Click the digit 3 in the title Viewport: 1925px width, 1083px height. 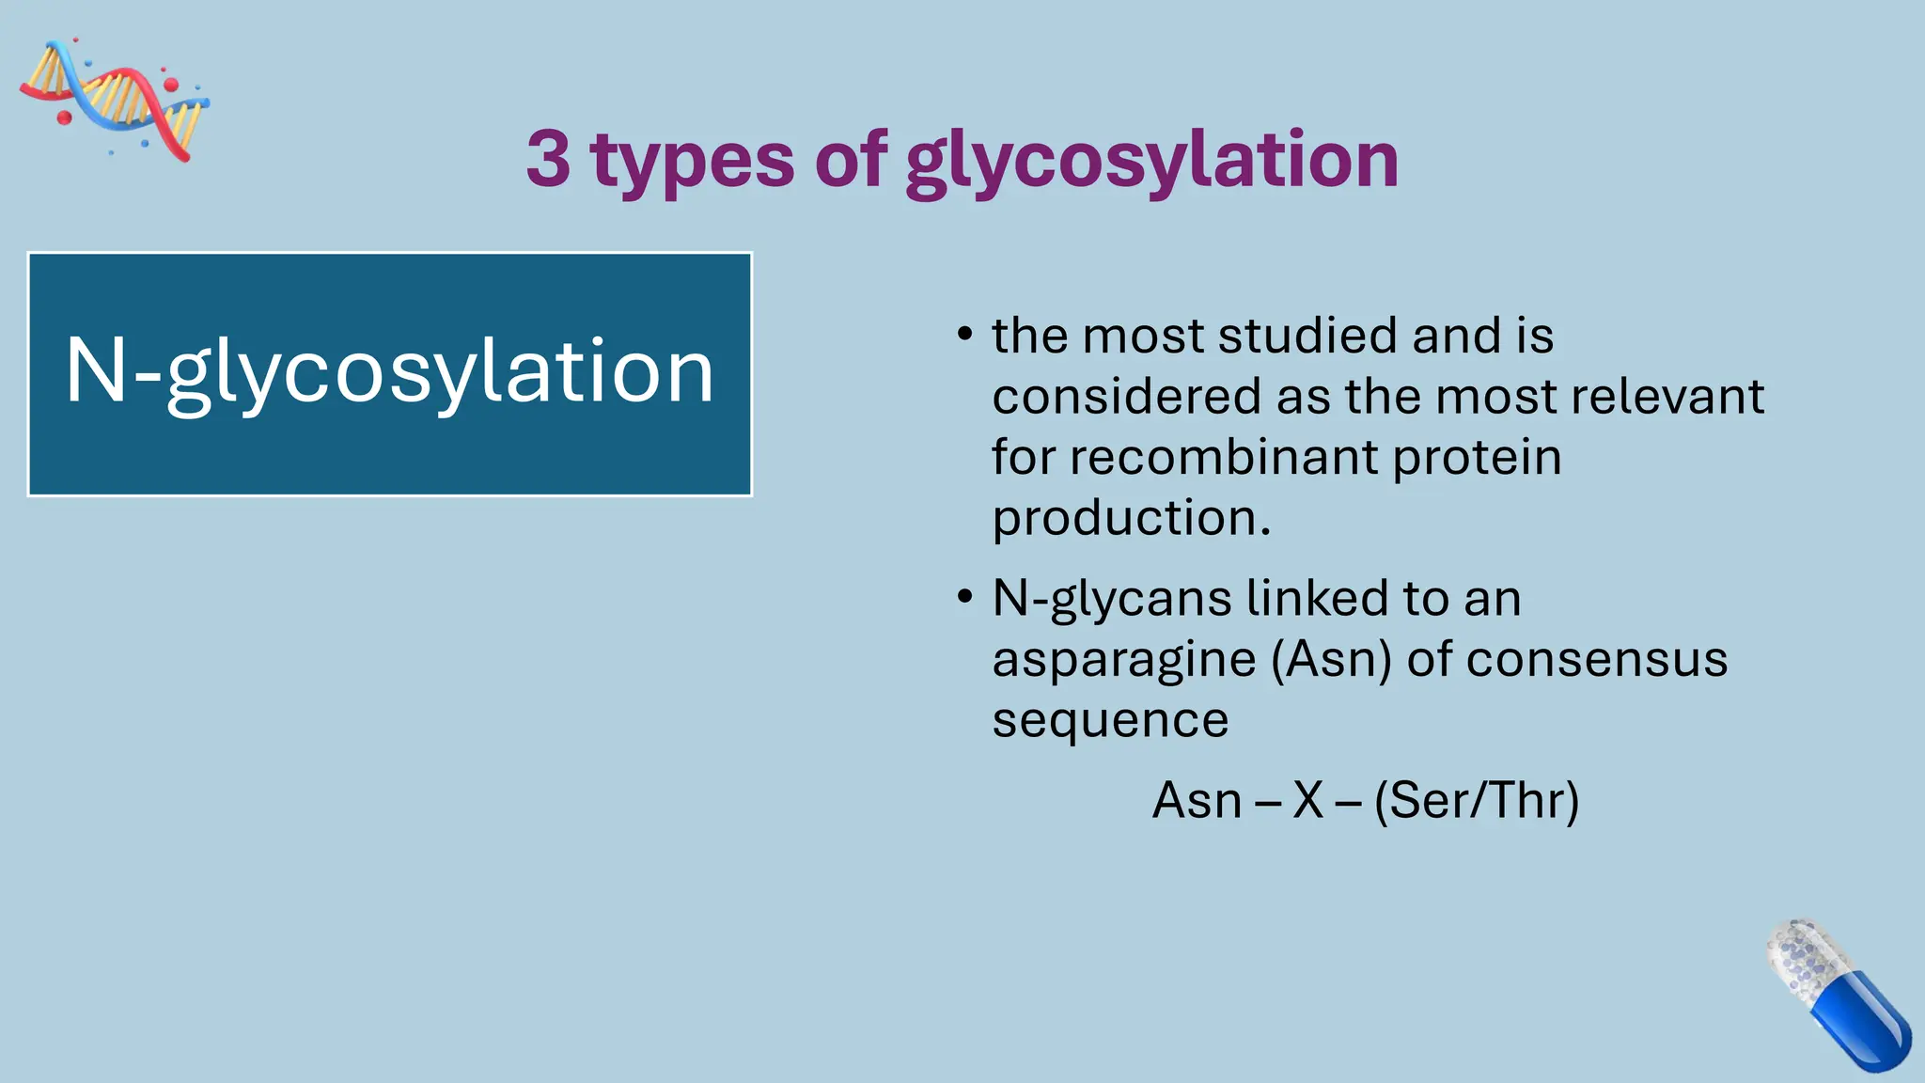(548, 158)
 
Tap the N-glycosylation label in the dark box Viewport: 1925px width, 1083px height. (389, 373)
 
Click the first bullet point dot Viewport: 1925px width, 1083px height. (964, 336)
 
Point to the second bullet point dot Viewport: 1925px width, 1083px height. (964, 598)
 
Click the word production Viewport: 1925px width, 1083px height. (1132, 519)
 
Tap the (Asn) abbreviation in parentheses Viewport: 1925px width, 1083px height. (1331, 659)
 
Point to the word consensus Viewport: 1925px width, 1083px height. (1596, 659)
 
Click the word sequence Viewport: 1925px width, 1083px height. (1110, 721)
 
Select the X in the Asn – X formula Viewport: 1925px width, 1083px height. (1307, 800)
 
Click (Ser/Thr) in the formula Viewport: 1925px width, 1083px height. (1476, 801)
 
